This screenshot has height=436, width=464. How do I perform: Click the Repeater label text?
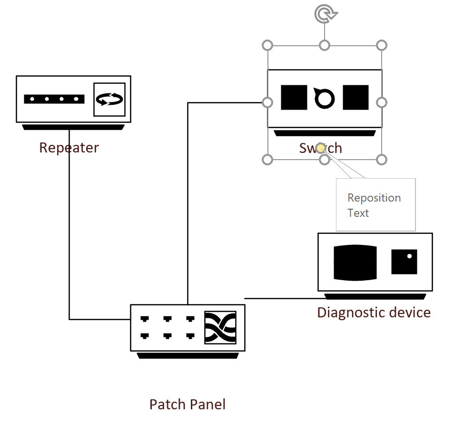tap(69, 148)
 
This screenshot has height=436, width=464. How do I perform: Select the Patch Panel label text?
tap(188, 405)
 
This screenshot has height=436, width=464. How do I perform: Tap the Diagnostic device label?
tap(374, 313)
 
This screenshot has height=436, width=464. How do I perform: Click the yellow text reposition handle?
tap(321, 148)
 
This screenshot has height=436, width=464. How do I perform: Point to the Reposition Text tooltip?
tap(375, 205)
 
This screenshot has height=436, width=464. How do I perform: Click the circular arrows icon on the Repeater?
tap(109, 99)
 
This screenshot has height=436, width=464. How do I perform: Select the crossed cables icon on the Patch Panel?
tap(220, 327)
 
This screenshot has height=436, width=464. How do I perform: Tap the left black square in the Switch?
tap(294, 98)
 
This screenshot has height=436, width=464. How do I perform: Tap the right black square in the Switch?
tap(355, 98)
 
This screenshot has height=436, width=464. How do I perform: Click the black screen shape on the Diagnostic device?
tap(355, 263)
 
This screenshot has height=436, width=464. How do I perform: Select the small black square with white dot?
tap(404, 262)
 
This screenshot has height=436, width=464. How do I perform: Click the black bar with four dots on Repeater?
tap(54, 99)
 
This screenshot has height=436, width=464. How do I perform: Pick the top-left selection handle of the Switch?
tap(267, 45)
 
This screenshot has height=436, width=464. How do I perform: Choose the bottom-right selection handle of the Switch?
tap(381, 159)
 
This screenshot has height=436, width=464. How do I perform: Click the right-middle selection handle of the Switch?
tap(381, 102)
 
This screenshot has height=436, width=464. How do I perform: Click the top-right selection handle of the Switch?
tap(381, 45)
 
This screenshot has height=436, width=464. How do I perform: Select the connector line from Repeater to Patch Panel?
tap(69, 238)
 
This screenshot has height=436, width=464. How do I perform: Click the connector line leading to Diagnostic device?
tap(281, 298)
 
